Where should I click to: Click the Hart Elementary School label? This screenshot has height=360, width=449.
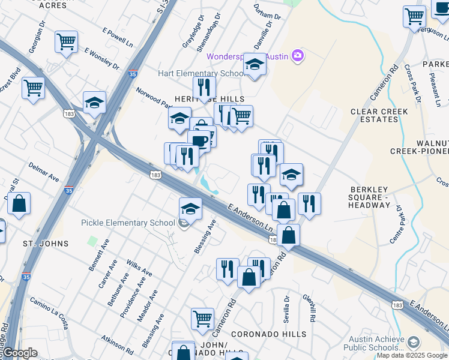(200, 73)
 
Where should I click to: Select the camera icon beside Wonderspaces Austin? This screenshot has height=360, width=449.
(298, 56)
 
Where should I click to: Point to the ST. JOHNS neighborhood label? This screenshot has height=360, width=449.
(46, 244)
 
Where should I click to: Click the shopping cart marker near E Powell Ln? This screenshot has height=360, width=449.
(66, 41)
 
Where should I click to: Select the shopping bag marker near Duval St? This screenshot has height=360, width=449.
(19, 203)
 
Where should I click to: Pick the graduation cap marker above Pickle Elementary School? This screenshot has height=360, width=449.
(190, 208)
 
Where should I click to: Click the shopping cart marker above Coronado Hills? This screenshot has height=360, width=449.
(203, 319)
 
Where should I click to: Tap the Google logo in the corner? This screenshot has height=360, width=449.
(20, 353)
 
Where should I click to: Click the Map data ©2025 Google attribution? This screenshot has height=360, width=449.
(412, 355)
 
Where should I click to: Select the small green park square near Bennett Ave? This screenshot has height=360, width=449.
(92, 241)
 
